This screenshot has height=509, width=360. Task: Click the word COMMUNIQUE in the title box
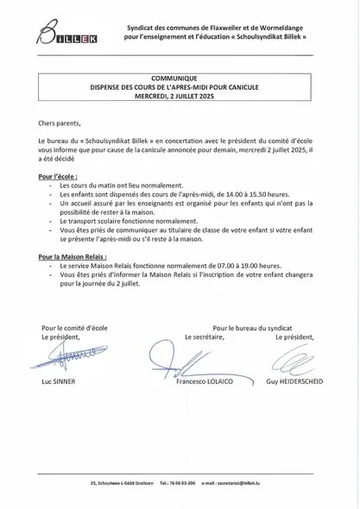coord(180,78)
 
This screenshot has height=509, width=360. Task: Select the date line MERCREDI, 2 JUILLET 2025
coord(180,96)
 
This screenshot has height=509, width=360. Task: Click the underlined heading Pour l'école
coord(58,175)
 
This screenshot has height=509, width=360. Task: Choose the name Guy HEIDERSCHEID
coord(294,380)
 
